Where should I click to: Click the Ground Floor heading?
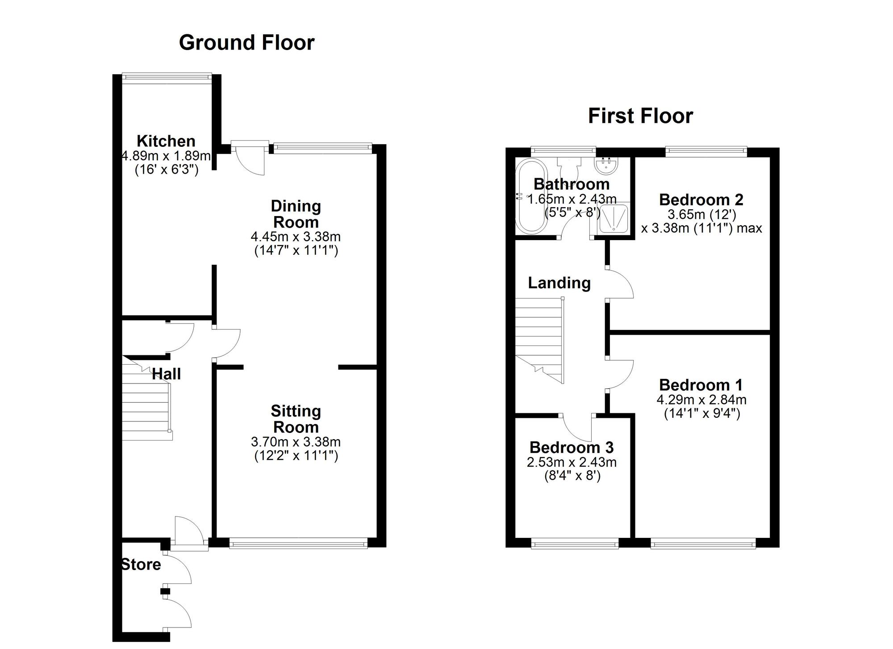pyautogui.click(x=246, y=43)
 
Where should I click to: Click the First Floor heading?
pyautogui.click(x=640, y=116)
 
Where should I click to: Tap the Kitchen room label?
pyautogui.click(x=166, y=141)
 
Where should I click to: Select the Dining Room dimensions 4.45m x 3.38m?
pyautogui.click(x=296, y=236)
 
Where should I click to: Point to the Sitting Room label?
pyautogui.click(x=296, y=419)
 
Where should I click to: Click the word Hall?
pyautogui.click(x=167, y=374)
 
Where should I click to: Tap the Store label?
pyautogui.click(x=141, y=565)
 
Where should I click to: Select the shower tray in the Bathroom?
pyautogui.click(x=613, y=219)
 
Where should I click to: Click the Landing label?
pyautogui.click(x=559, y=283)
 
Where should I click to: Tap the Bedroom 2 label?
pyautogui.click(x=701, y=200)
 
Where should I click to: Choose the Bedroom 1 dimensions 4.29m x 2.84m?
pyautogui.click(x=701, y=400)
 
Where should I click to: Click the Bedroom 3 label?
pyautogui.click(x=572, y=447)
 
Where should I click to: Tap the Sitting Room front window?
pyautogui.click(x=298, y=543)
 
